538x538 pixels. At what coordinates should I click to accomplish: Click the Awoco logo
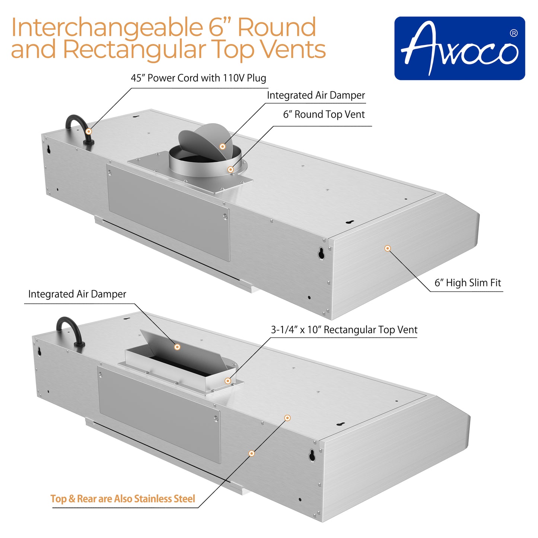(459, 48)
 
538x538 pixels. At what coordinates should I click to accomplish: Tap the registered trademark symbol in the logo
(513, 34)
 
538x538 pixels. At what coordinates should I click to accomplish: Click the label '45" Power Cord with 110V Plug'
(198, 78)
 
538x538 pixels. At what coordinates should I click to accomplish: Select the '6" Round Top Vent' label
(324, 115)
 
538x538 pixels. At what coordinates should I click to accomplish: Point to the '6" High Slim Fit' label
(468, 283)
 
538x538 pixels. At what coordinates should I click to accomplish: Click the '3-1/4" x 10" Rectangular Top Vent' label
(344, 330)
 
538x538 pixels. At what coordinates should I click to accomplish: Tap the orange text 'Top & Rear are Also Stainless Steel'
(123, 499)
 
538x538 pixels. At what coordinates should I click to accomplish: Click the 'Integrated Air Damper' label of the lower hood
(77, 294)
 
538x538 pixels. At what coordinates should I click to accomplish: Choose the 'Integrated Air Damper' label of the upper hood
(316, 95)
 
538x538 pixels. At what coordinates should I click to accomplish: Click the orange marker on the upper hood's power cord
(89, 131)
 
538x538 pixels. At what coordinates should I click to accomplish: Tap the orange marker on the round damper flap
(223, 146)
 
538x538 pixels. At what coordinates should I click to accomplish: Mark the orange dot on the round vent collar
(230, 170)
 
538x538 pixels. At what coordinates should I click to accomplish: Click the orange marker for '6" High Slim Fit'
(388, 248)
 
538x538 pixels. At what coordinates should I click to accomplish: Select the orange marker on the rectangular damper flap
(178, 347)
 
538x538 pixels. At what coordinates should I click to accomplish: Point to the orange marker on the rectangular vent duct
(227, 381)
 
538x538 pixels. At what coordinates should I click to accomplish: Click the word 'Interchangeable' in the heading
(106, 28)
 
